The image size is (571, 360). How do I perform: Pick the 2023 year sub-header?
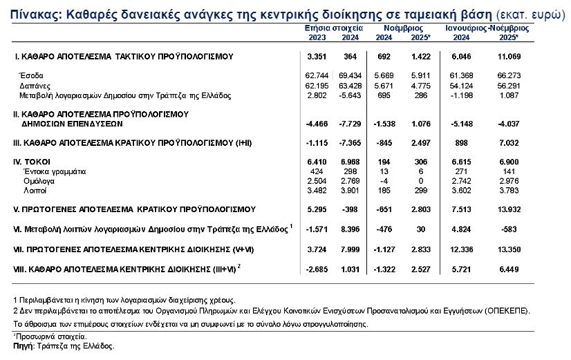pos(317,37)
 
